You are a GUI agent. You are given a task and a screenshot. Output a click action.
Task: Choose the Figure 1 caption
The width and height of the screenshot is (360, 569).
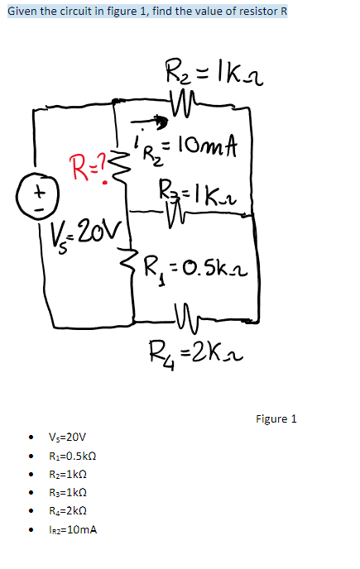[x=276, y=418]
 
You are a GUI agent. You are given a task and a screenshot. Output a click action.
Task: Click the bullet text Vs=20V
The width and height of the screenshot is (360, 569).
[x=68, y=438]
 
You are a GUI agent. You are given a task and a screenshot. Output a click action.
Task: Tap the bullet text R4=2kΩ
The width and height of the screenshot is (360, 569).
[x=70, y=510]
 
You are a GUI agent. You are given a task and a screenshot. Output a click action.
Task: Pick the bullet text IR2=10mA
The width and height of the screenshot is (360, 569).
[x=73, y=528]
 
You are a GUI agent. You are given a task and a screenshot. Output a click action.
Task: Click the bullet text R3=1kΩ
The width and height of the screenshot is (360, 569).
[x=70, y=492]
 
